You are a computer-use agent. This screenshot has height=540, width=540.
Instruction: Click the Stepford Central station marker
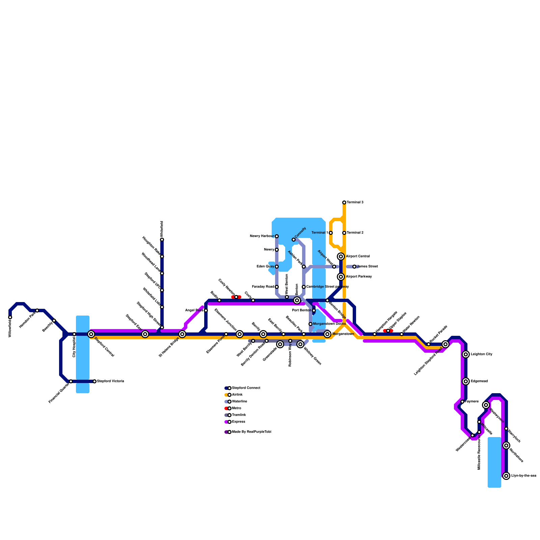coord(91,334)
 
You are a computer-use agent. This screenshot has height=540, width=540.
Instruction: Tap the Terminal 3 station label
coord(355,202)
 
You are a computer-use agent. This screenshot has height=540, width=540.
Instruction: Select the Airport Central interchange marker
coord(341,256)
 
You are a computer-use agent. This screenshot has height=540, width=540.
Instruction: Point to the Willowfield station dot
coord(10,317)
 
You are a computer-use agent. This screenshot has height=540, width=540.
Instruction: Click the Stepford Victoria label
coord(110,381)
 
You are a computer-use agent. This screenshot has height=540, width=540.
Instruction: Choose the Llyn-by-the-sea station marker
coord(506,476)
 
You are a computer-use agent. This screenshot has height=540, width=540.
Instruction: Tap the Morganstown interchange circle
coord(327,334)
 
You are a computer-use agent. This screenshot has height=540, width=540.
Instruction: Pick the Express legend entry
coord(238,422)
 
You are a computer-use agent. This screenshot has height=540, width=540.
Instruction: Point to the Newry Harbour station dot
coord(277,236)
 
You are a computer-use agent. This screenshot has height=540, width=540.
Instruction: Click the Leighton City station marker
coord(466,354)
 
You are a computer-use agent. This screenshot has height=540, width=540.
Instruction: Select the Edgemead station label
coord(479,381)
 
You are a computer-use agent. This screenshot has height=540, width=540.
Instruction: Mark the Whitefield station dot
coord(162,240)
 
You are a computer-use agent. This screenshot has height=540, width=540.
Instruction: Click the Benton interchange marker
coord(297,300)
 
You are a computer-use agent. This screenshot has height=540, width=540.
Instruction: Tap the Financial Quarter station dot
coord(71,381)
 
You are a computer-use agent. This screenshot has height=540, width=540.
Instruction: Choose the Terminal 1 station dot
coord(331,233)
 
